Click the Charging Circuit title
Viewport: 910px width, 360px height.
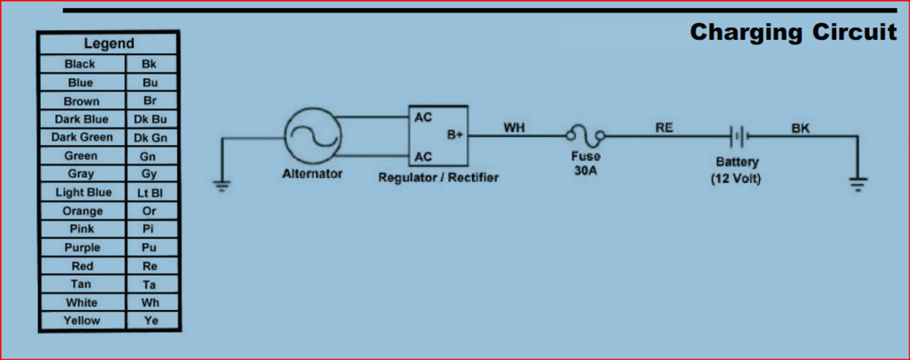[794, 33]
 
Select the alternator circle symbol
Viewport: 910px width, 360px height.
[313, 137]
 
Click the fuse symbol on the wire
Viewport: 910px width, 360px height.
[587, 136]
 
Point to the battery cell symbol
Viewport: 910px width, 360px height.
[738, 137]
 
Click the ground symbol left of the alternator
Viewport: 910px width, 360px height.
[221, 186]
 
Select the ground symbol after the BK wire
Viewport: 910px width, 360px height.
[858, 184]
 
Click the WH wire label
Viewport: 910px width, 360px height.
[514, 127]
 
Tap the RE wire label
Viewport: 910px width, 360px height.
[664, 127]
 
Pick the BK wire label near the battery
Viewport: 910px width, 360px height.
[801, 128]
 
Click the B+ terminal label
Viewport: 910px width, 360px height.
[454, 136]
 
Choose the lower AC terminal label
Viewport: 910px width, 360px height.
[424, 156]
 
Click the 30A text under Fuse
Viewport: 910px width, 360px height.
[586, 170]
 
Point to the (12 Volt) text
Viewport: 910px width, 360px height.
[737, 179]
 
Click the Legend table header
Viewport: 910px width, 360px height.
[108, 44]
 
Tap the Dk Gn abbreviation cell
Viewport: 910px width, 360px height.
[150, 137]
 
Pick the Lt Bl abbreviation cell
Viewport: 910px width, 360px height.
[150, 192]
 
